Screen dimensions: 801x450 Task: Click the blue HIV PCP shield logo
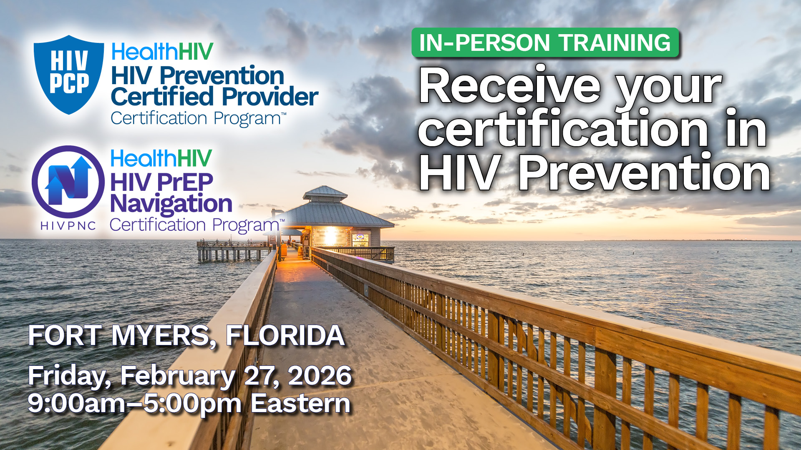point(69,74)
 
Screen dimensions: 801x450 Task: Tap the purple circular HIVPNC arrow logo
point(68,182)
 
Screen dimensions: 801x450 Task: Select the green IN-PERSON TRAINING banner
point(545,42)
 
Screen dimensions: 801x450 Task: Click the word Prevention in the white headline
point(644,172)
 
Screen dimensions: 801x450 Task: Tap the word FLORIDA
point(285,336)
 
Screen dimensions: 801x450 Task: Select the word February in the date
point(178,377)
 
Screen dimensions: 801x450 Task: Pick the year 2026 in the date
point(320,376)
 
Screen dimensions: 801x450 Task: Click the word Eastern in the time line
point(300,403)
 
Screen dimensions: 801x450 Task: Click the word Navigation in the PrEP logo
point(171,204)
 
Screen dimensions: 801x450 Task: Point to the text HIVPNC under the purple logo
point(68,226)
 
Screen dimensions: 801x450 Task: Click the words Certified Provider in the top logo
point(214,97)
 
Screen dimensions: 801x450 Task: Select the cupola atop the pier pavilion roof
point(325,193)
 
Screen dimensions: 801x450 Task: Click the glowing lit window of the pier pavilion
point(330,236)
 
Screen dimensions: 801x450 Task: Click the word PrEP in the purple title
point(185,182)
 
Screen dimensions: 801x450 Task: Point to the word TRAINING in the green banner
point(615,42)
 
